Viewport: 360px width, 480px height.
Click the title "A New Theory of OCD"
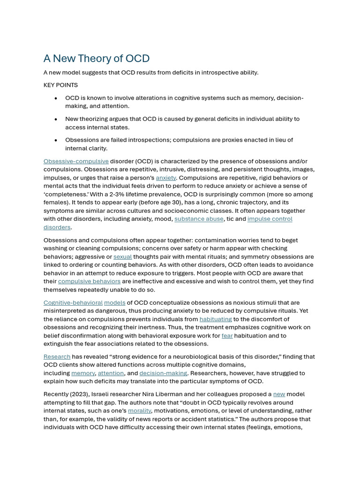[x=97, y=59]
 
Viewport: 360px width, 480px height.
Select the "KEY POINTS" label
[x=60, y=85]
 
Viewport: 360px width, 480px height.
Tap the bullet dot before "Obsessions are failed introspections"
[x=56, y=140]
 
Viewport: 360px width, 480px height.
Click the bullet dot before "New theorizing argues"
[x=56, y=119]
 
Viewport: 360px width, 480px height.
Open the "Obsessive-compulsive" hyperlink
[x=76, y=161]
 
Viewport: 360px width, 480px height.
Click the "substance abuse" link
[x=199, y=219]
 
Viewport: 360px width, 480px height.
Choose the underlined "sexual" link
[x=122, y=257]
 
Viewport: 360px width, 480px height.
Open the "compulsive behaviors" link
[x=89, y=281]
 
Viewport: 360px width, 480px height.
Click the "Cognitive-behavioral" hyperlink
[x=73, y=303]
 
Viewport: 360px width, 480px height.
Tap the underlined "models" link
[x=115, y=303]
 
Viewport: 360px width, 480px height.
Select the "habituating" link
[x=216, y=319]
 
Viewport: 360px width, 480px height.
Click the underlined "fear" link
[x=227, y=336]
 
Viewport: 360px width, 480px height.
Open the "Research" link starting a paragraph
[x=57, y=357]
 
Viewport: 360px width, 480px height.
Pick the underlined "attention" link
[x=111, y=373]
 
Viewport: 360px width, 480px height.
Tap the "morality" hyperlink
[x=140, y=411]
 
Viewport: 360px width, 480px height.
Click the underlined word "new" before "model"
[x=279, y=394]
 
